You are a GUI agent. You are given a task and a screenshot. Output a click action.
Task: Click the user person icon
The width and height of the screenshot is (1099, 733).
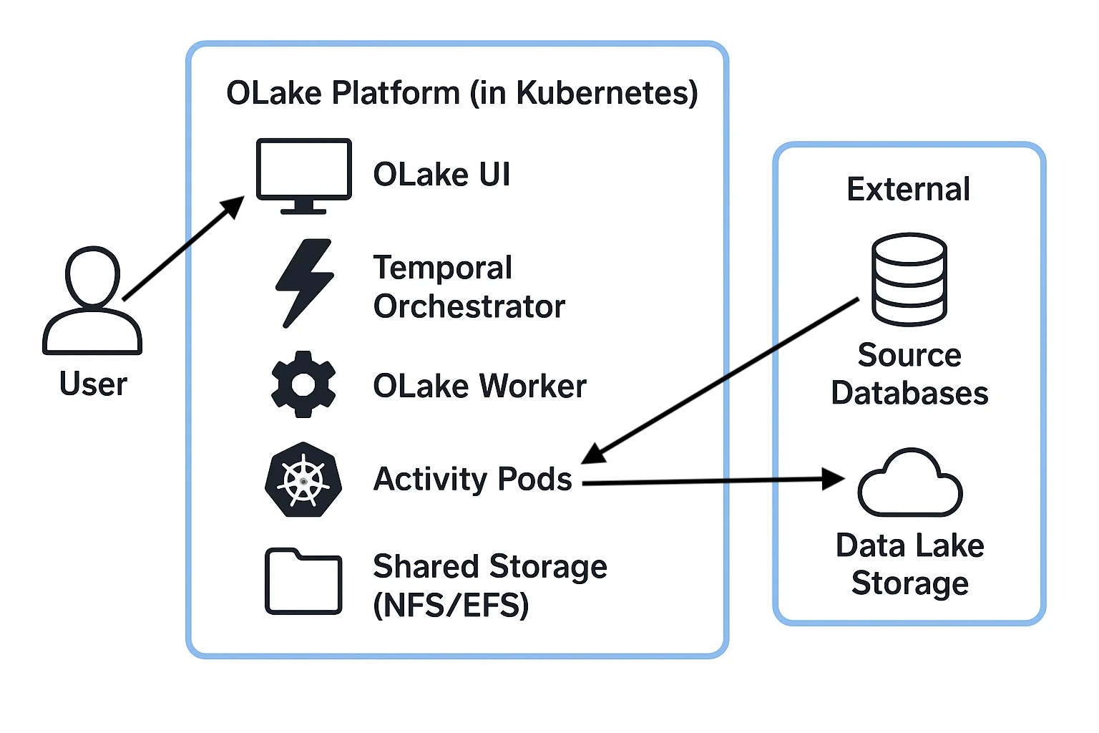click(92, 301)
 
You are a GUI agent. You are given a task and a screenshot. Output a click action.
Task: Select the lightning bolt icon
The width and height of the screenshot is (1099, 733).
click(306, 283)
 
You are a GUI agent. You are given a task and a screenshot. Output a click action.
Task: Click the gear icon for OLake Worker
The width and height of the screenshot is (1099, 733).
click(303, 384)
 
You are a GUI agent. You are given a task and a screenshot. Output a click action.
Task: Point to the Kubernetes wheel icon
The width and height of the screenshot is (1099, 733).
click(303, 480)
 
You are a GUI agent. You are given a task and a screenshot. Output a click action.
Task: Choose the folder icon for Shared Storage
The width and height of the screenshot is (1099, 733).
click(303, 582)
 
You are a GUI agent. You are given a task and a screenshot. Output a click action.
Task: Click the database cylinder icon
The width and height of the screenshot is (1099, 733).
click(909, 279)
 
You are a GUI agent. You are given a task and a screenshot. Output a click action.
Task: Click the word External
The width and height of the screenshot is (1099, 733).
click(909, 190)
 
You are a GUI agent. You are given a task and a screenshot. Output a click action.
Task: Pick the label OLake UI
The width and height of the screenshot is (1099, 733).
click(442, 175)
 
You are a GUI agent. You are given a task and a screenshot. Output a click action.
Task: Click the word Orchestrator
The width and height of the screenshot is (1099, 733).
click(469, 306)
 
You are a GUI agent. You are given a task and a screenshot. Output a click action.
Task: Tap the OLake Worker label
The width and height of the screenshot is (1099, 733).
click(479, 386)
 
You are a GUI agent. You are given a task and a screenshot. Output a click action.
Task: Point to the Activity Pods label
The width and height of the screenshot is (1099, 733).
click(473, 479)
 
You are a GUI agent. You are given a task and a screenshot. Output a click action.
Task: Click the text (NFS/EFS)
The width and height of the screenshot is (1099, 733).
click(451, 605)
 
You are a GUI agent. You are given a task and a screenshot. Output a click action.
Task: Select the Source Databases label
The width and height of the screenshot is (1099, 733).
click(909, 374)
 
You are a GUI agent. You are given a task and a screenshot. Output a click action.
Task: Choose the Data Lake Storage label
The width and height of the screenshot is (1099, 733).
click(910, 565)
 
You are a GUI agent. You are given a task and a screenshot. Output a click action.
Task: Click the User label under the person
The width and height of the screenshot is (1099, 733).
click(93, 384)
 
